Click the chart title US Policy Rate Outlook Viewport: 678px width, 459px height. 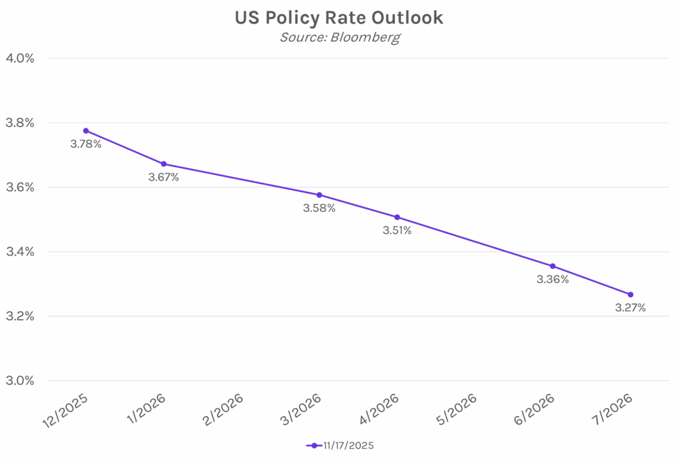pyautogui.click(x=339, y=18)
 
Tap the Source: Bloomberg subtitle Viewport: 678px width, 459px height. pyautogui.click(x=339, y=37)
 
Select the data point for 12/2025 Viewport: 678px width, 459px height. pyautogui.click(x=86, y=130)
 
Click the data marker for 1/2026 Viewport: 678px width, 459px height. pyautogui.click(x=164, y=164)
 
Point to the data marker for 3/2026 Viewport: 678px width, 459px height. pyautogui.click(x=319, y=195)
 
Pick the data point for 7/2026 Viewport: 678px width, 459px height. pyautogui.click(x=630, y=294)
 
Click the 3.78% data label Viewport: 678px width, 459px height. pyautogui.click(x=86, y=144)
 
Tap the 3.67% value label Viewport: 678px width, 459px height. pyautogui.click(x=164, y=178)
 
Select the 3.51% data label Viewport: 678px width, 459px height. pyautogui.click(x=397, y=230)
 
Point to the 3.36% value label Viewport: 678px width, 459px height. pyautogui.click(x=552, y=280)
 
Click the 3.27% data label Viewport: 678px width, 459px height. pyautogui.click(x=630, y=308)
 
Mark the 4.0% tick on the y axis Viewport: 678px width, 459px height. pyautogui.click(x=20, y=58)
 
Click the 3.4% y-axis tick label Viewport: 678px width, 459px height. pyautogui.click(x=20, y=252)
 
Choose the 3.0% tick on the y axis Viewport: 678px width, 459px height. pyautogui.click(x=20, y=381)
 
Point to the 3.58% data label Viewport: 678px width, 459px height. pyautogui.click(x=319, y=209)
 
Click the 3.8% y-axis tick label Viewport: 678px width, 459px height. pyautogui.click(x=20, y=123)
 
